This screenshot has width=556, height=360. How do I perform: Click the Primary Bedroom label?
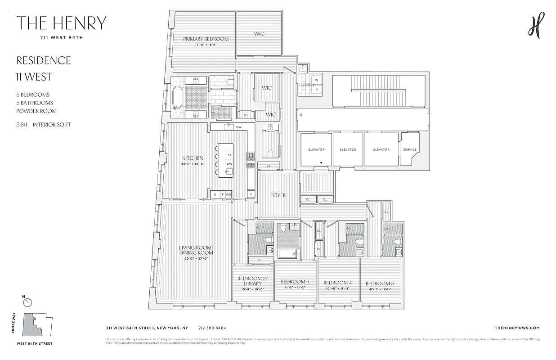[206, 39]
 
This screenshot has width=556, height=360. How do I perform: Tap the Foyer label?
[278, 195]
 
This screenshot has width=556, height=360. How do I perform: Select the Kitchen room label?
[193, 158]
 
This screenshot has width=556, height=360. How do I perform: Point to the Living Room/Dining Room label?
[196, 250]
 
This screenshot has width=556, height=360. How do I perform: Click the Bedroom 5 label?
[379, 283]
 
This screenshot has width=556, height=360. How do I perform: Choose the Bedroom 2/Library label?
[252, 281]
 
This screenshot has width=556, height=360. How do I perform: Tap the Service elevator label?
[410, 150]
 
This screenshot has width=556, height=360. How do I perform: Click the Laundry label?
[306, 85]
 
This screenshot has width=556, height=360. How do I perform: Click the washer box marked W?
[316, 81]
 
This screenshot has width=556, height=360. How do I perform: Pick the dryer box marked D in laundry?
[316, 90]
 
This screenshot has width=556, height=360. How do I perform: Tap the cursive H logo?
[536, 25]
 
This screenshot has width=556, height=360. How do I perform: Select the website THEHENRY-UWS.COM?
[517, 328]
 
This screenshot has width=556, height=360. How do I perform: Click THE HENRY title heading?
[61, 23]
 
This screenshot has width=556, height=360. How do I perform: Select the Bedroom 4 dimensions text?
[337, 289]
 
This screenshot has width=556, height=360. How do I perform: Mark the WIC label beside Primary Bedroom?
[259, 34]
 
